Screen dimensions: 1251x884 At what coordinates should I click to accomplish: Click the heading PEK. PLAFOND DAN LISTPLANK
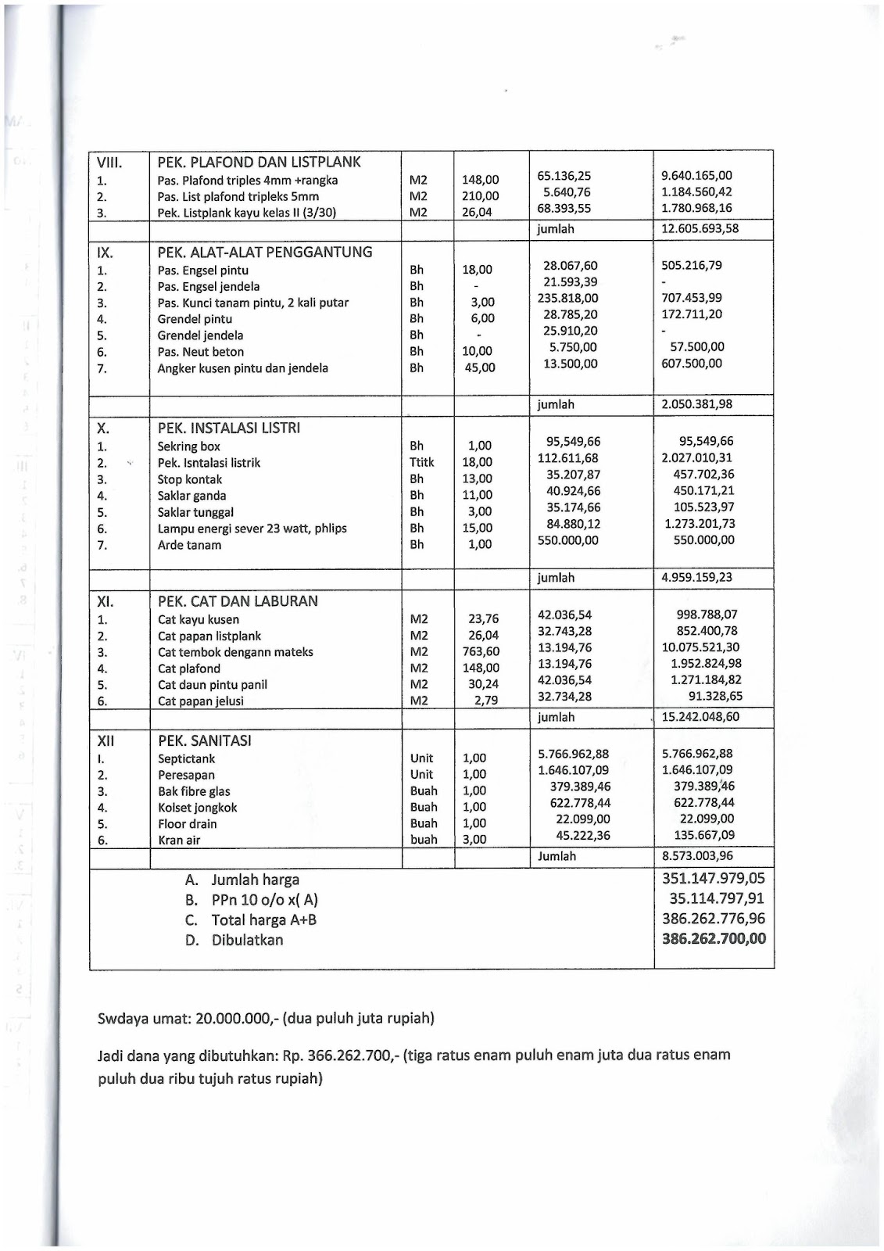pyautogui.click(x=259, y=163)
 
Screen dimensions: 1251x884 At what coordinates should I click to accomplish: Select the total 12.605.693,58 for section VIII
pyautogui.click(x=700, y=229)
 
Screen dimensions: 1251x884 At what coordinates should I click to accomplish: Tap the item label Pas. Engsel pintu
pyautogui.click(x=202, y=271)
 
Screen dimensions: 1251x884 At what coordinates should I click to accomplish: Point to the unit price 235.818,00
pyautogui.click(x=567, y=298)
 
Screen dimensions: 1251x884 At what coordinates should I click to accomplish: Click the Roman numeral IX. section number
pyautogui.click(x=105, y=253)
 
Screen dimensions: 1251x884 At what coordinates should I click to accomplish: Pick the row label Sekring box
pyautogui.click(x=188, y=446)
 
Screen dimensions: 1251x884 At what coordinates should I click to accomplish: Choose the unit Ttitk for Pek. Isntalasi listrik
pyautogui.click(x=422, y=463)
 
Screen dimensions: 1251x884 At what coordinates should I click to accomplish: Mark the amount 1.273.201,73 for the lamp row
pyautogui.click(x=700, y=524)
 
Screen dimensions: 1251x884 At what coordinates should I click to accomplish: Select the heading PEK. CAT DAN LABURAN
pyautogui.click(x=238, y=601)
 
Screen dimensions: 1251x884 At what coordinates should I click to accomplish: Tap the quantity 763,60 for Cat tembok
pyautogui.click(x=481, y=651)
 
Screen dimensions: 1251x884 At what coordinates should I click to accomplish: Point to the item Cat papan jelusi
pyautogui.click(x=200, y=701)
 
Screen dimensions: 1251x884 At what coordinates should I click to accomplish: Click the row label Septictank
pyautogui.click(x=186, y=759)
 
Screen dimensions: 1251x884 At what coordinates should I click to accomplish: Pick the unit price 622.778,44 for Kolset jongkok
pyautogui.click(x=580, y=803)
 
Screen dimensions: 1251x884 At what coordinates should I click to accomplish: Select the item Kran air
pyautogui.click(x=179, y=841)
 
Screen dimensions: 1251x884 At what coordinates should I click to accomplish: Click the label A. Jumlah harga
pyautogui.click(x=242, y=880)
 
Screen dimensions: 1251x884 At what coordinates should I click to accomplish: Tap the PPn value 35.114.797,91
pyautogui.click(x=716, y=899)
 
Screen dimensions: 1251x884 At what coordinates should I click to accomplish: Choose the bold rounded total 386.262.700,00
pyautogui.click(x=714, y=939)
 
